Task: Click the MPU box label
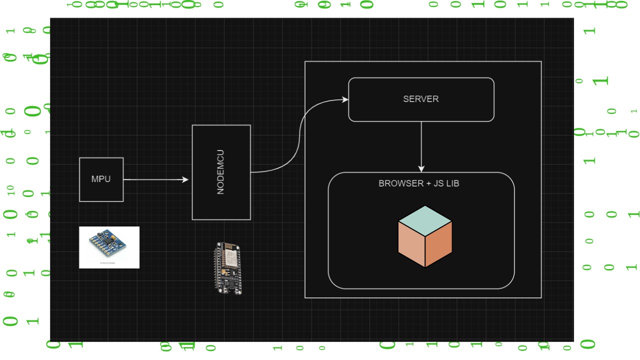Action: (x=101, y=179)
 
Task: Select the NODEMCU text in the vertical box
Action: (x=220, y=172)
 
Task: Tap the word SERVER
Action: (x=421, y=99)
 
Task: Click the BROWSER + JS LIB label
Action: (x=419, y=183)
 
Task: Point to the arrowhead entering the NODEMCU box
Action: (x=185, y=179)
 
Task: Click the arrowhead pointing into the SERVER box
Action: (x=345, y=99)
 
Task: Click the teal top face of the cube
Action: (x=425, y=220)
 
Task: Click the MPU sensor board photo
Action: (x=109, y=247)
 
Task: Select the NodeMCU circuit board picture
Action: (x=227, y=268)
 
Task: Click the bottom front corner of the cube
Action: (x=425, y=267)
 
